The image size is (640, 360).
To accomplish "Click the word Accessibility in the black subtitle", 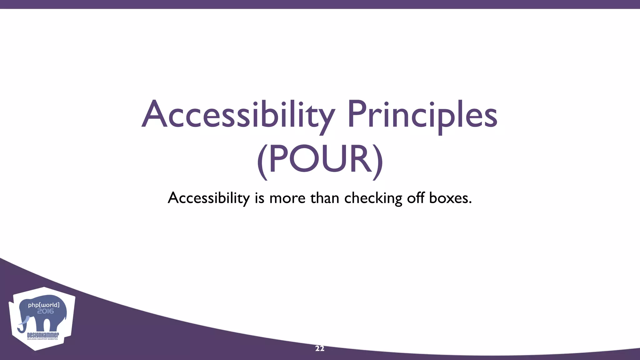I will [x=209, y=198].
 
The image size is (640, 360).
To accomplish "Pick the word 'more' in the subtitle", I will [x=287, y=198].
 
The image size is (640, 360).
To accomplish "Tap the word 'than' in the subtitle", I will [x=325, y=198].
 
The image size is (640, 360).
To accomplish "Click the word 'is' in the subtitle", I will [x=259, y=198].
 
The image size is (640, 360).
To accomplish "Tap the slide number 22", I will [x=320, y=349].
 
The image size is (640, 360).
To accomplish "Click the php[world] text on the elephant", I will [x=43, y=305].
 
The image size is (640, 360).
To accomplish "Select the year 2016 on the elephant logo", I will [x=45, y=311].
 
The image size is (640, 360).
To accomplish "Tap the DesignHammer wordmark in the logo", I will [x=43, y=335].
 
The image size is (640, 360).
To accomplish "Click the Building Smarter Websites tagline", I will [x=42, y=339].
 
